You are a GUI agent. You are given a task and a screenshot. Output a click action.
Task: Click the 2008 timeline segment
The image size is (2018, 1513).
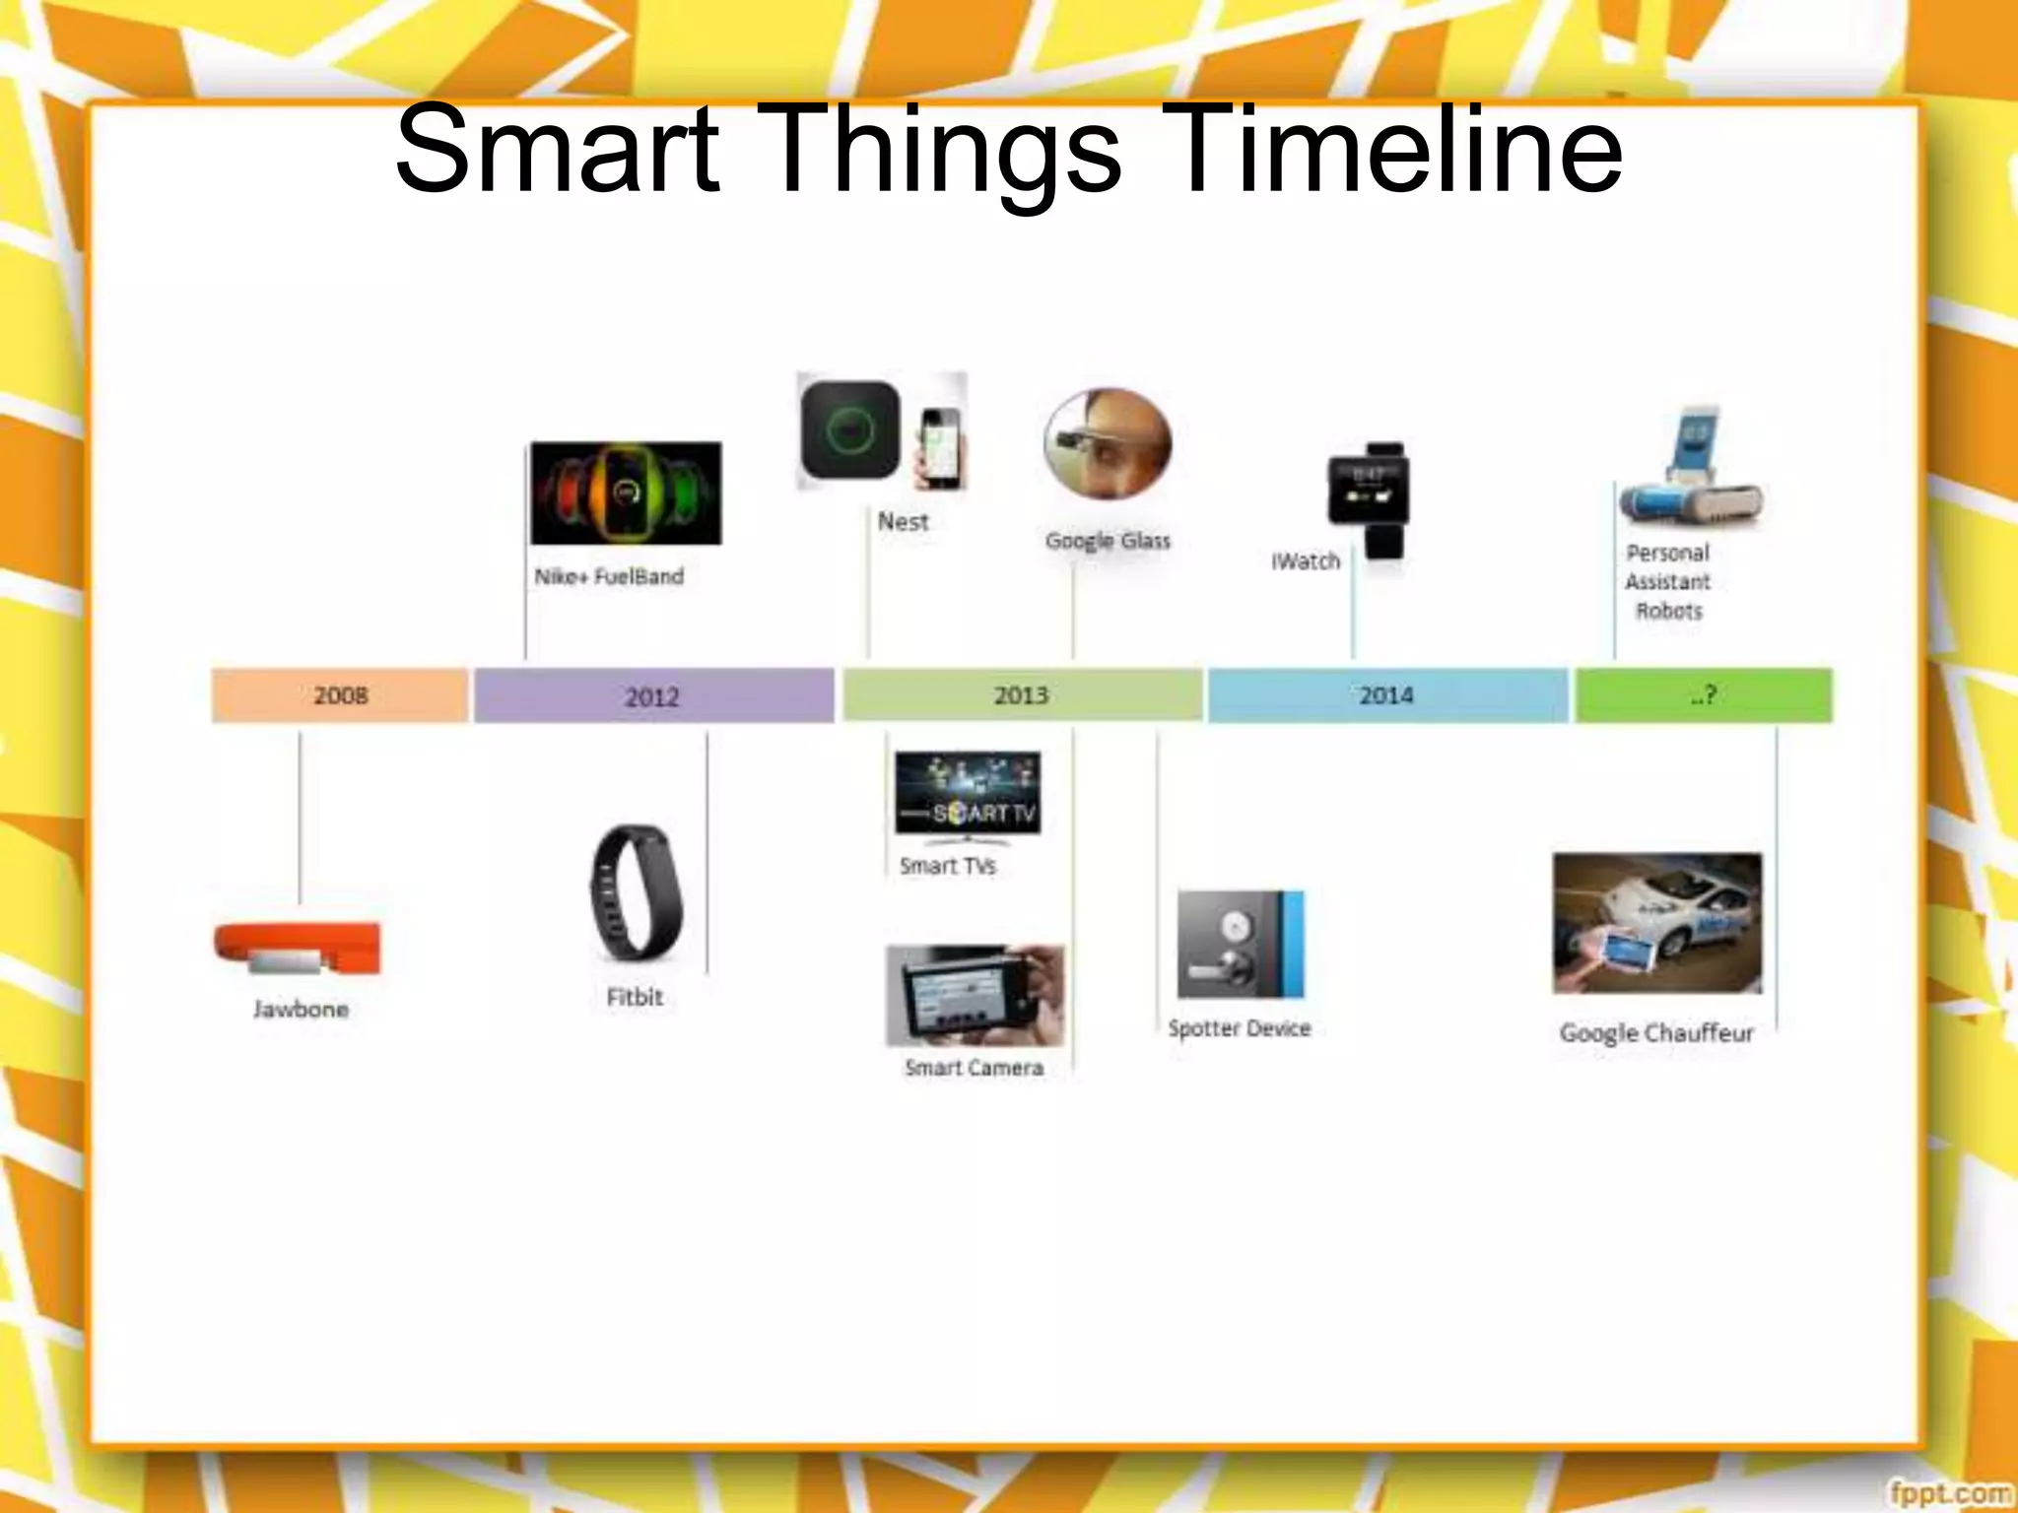point(340,695)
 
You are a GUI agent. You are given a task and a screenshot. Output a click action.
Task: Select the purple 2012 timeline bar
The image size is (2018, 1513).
point(653,696)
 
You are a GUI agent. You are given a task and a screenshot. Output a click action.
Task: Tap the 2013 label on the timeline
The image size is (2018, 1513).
point(1021,695)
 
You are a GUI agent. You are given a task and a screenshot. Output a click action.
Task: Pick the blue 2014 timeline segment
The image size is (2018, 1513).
point(1386,695)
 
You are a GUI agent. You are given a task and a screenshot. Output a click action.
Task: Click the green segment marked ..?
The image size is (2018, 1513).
point(1704,695)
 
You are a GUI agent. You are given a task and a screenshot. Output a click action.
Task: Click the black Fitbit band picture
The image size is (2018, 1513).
point(636,893)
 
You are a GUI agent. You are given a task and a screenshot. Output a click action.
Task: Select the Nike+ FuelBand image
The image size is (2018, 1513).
point(626,493)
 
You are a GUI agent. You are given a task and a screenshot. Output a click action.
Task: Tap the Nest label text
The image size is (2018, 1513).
point(903,522)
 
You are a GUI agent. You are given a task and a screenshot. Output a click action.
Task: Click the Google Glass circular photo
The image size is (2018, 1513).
point(1108,444)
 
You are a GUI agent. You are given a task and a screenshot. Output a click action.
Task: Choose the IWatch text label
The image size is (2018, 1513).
point(1305,561)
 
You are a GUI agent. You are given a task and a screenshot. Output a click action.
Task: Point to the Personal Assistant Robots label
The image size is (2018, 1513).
point(1667,582)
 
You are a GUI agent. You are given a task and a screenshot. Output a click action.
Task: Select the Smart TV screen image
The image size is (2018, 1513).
point(968,794)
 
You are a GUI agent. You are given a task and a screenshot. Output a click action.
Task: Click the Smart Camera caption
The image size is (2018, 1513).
point(974,1068)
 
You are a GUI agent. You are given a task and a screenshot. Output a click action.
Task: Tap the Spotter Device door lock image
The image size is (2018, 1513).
point(1241,945)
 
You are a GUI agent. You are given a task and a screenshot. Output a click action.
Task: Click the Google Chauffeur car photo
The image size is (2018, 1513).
point(1657,924)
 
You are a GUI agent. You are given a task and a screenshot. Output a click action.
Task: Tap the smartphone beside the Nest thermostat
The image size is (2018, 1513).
point(939,448)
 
